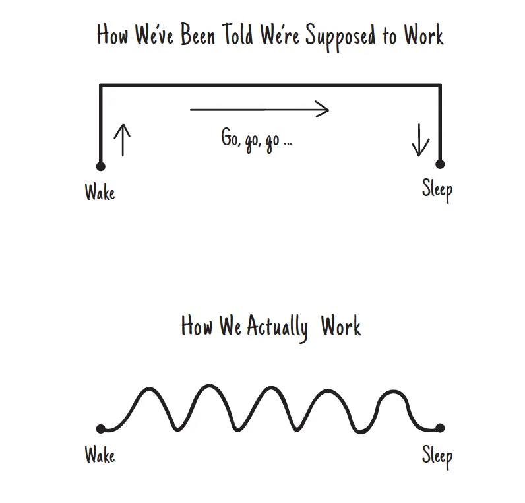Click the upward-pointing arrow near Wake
click(122, 140)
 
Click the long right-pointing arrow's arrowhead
click(322, 109)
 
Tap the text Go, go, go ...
click(256, 140)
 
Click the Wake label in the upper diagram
click(100, 193)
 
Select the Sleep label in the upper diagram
click(437, 190)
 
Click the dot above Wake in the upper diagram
click(100, 166)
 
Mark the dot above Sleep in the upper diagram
click(440, 164)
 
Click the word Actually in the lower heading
click(277, 327)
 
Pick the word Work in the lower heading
click(341, 326)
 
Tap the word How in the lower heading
click(197, 326)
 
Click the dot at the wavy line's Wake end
click(100, 429)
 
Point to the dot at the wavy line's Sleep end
click(440, 428)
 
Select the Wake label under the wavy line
click(100, 455)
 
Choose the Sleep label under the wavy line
click(437, 456)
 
